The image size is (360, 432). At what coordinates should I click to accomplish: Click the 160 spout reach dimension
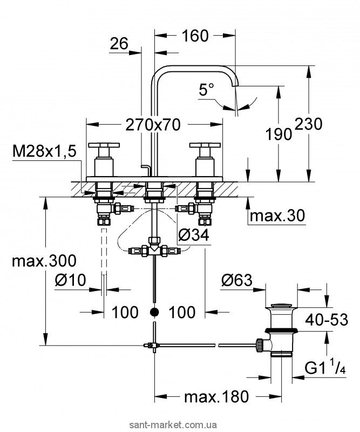point(195,36)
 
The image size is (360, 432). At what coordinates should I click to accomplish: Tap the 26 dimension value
point(119,44)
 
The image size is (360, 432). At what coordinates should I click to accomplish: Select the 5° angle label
point(207,90)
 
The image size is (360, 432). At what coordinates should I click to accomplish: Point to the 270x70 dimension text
point(153,125)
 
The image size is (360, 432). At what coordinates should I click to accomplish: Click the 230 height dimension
point(309,124)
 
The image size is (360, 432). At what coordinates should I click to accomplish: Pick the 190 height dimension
point(279,134)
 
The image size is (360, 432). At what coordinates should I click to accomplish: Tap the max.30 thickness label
point(277,215)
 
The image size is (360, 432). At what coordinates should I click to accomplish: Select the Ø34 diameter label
point(194,235)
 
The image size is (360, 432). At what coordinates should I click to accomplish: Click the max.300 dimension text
point(44,260)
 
